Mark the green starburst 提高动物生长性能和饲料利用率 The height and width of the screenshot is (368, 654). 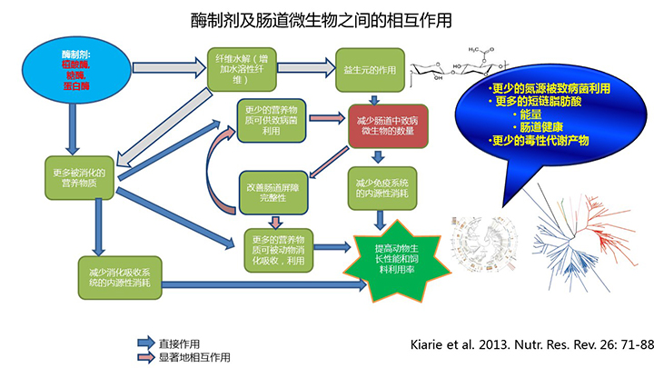coord(395,259)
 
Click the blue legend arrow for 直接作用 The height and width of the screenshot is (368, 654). coord(144,343)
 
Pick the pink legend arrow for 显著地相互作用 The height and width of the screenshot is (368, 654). coord(144,355)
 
